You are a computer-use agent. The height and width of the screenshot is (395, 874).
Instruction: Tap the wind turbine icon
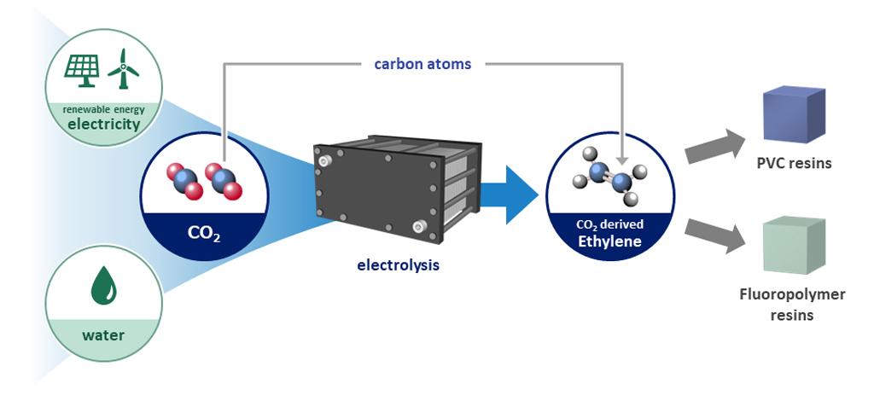pyautogui.click(x=124, y=68)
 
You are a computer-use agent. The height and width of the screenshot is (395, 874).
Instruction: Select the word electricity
pyautogui.click(x=105, y=125)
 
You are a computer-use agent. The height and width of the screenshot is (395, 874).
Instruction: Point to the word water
pyautogui.click(x=103, y=334)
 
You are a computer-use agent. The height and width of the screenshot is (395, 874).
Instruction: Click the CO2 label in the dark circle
pyautogui.click(x=204, y=233)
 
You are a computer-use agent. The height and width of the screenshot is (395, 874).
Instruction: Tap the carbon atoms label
pyautogui.click(x=422, y=64)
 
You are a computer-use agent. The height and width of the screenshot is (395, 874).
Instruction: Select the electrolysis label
pyautogui.click(x=398, y=265)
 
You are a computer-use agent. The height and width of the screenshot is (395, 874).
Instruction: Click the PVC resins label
pyautogui.click(x=793, y=163)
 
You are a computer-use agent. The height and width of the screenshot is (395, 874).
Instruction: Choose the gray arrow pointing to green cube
pyautogui.click(x=714, y=235)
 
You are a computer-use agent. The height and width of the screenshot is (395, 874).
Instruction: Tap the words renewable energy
pyautogui.click(x=105, y=108)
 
